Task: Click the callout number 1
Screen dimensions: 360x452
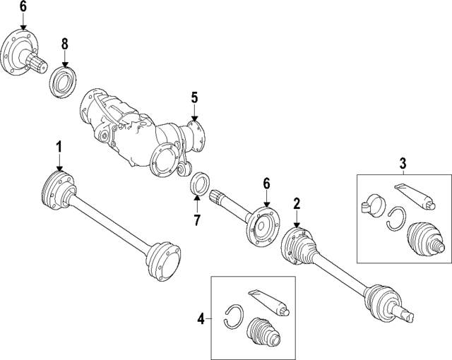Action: [x=59, y=147]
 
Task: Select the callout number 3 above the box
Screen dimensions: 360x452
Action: [x=402, y=164]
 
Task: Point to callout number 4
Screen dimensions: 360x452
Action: [x=201, y=319]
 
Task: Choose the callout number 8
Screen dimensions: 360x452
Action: [x=65, y=44]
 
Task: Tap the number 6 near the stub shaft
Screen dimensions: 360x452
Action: [x=267, y=184]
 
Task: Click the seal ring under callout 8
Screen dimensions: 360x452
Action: [x=61, y=77]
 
